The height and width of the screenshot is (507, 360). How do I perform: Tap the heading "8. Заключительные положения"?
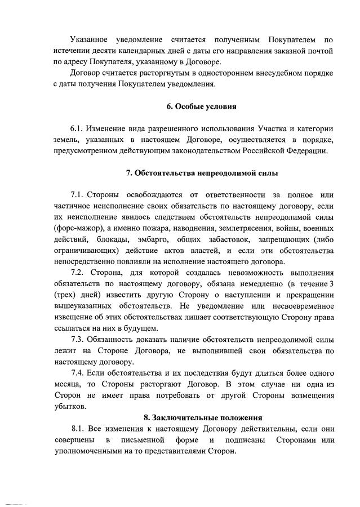(x=203, y=417)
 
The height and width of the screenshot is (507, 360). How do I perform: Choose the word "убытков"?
(x=71, y=406)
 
